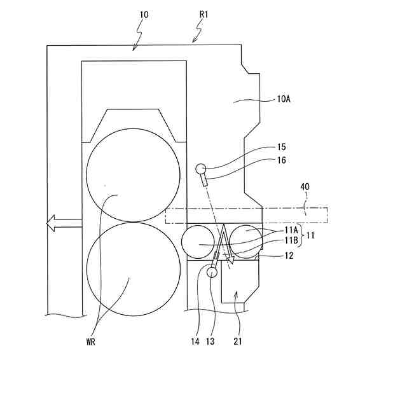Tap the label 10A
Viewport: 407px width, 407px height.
[284, 99]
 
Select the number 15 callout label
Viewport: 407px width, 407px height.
[282, 147]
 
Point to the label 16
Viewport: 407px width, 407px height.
[282, 160]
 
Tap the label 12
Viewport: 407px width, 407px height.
[287, 256]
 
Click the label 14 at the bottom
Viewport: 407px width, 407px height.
[195, 341]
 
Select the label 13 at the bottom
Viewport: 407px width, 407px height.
[210, 341]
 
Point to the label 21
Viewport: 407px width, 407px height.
[237, 341]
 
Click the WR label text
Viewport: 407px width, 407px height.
[93, 341]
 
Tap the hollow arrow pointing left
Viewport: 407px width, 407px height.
[64, 223]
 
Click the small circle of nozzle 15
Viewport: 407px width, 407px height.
[200, 169]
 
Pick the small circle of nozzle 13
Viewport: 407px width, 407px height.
[211, 272]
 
